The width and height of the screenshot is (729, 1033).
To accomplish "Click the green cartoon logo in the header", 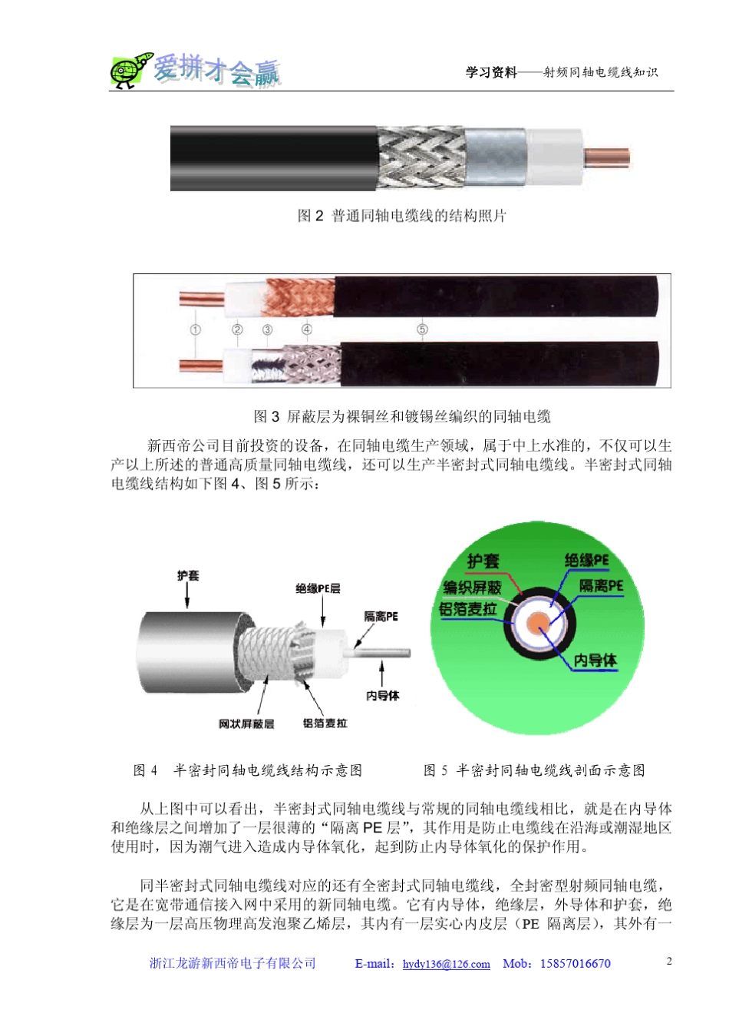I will click(x=130, y=71).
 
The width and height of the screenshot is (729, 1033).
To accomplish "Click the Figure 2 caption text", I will click(x=401, y=216).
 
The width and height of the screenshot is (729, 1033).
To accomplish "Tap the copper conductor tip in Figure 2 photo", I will click(x=606, y=157).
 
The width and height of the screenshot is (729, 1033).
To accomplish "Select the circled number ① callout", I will click(x=196, y=329).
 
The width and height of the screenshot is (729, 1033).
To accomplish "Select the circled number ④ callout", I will click(x=307, y=329).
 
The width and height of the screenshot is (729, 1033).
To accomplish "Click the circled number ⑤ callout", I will click(x=422, y=329).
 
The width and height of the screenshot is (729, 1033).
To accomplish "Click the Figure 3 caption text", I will click(x=401, y=416).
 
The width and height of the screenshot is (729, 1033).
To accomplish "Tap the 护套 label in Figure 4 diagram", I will click(x=188, y=575).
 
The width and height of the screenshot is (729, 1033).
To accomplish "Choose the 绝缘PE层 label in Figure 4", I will click(x=318, y=588).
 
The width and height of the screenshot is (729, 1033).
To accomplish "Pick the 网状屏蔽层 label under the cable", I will click(x=246, y=723).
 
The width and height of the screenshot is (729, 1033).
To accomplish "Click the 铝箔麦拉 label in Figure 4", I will click(x=325, y=723).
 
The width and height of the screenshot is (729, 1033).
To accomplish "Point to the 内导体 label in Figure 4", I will click(x=382, y=695).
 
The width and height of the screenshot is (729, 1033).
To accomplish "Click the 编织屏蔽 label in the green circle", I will click(x=472, y=588).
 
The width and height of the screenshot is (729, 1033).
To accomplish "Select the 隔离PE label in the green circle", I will click(x=601, y=586).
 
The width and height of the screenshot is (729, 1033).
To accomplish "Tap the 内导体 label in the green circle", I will click(x=595, y=660).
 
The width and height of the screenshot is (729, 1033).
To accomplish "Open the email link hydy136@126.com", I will click(x=446, y=964).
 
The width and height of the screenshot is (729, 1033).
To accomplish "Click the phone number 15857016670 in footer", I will click(x=576, y=963).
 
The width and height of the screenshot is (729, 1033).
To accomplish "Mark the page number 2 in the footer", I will click(x=669, y=961).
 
